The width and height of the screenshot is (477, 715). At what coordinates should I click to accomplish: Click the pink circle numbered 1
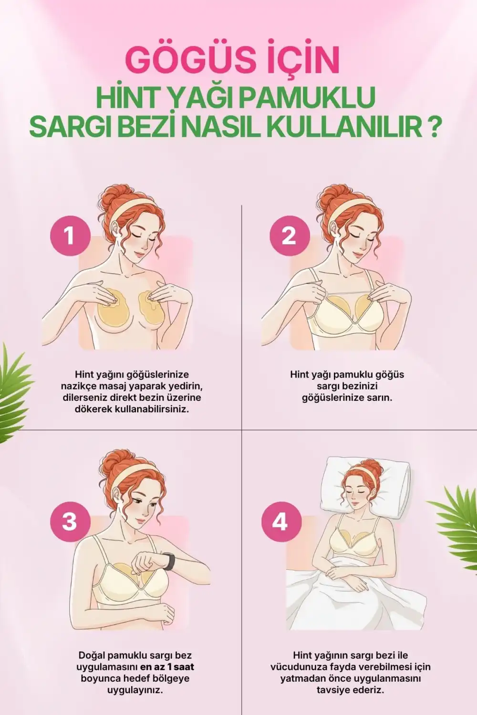point(70,235)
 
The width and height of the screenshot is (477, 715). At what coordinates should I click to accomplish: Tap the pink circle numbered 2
point(290,235)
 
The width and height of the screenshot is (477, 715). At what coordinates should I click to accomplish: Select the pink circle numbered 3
point(70,521)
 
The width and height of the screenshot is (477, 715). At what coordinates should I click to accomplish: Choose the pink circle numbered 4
point(280,521)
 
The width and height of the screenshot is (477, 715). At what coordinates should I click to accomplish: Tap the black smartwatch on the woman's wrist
point(169,561)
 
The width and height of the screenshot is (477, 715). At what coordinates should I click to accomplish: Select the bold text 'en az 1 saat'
point(167,667)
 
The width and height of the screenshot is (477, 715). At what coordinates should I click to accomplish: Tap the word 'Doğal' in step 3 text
point(92,655)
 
